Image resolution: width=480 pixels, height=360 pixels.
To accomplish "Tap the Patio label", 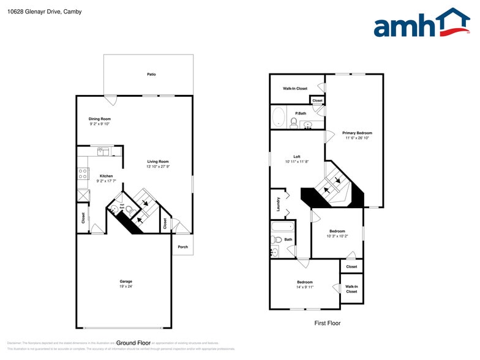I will (x=151, y=75).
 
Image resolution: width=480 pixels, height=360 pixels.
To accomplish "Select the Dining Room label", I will (x=99, y=119).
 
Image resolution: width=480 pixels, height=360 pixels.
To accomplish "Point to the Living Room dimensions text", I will (x=157, y=167).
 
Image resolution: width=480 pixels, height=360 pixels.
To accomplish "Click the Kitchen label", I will (x=106, y=176).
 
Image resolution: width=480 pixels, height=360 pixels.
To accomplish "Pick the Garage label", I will (x=126, y=281).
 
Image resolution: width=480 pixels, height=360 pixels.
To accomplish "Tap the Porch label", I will (x=182, y=247).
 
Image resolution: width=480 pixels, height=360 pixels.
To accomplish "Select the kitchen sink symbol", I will (x=103, y=151).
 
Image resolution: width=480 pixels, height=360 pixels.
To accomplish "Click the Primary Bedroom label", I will (x=357, y=133).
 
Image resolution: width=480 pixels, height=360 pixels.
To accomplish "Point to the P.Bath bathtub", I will (x=278, y=117).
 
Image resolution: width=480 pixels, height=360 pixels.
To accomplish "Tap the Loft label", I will (x=296, y=157).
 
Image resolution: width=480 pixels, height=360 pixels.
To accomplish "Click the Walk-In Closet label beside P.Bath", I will (x=294, y=89).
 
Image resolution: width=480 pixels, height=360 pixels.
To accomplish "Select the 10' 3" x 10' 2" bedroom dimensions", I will (x=337, y=236).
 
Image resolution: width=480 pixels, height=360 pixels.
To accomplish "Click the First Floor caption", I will (x=327, y=323).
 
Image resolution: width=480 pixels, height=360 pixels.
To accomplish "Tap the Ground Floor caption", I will (x=133, y=343).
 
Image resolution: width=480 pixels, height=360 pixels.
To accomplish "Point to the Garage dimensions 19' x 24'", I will (x=126, y=287).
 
